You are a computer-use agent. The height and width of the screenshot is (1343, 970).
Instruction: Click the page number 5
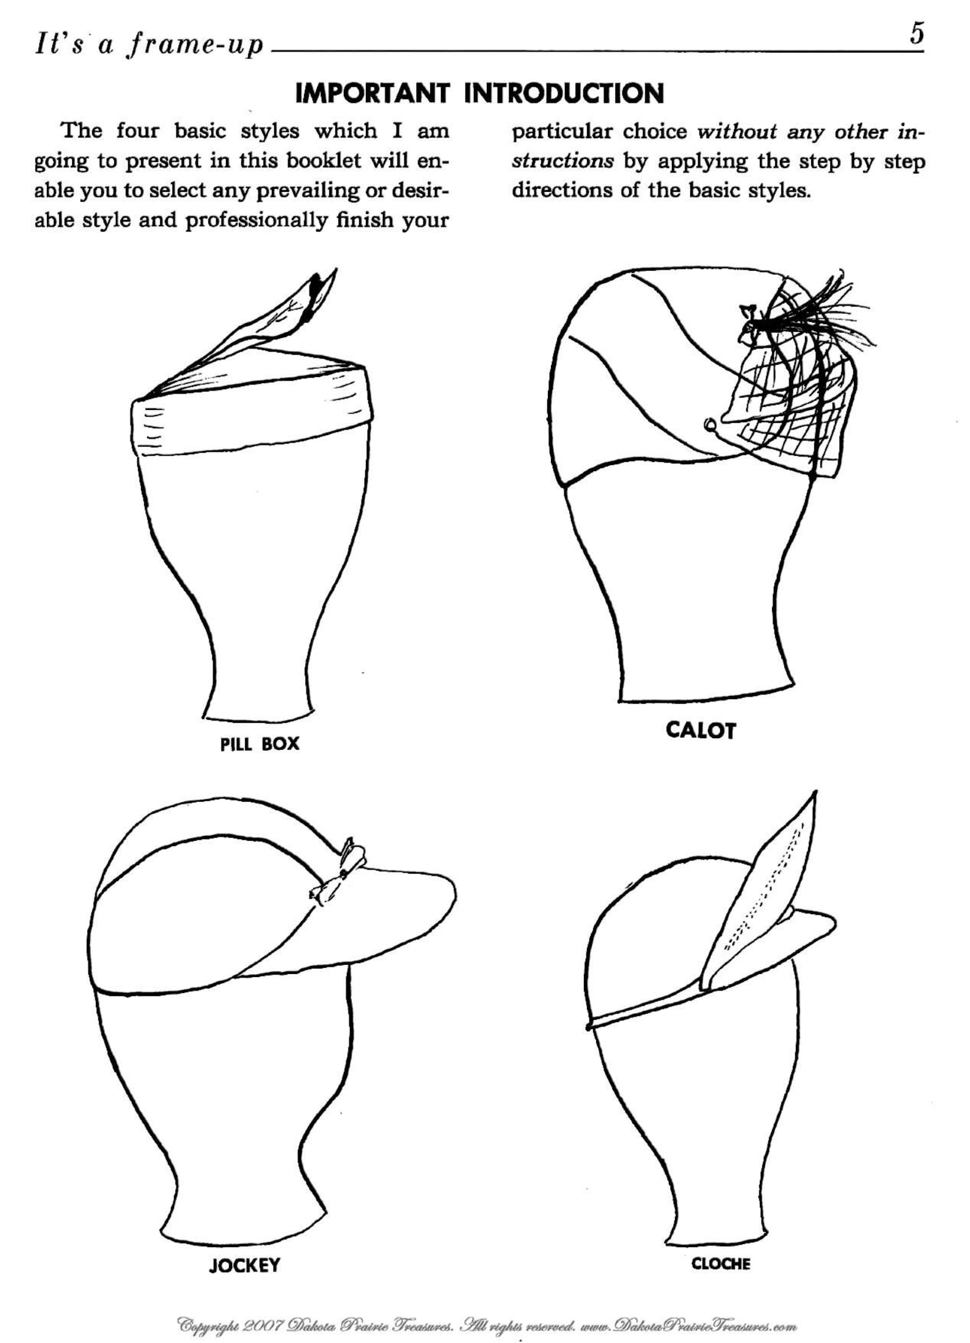coord(916,34)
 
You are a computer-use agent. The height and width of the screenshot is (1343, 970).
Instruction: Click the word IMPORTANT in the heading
coord(372,93)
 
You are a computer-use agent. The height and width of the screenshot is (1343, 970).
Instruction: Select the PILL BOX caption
coord(260,744)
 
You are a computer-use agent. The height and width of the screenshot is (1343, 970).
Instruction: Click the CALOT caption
coord(701,730)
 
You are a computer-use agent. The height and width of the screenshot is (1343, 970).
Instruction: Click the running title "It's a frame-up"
coord(149,45)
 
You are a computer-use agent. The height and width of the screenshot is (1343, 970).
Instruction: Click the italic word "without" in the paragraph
coord(736,131)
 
